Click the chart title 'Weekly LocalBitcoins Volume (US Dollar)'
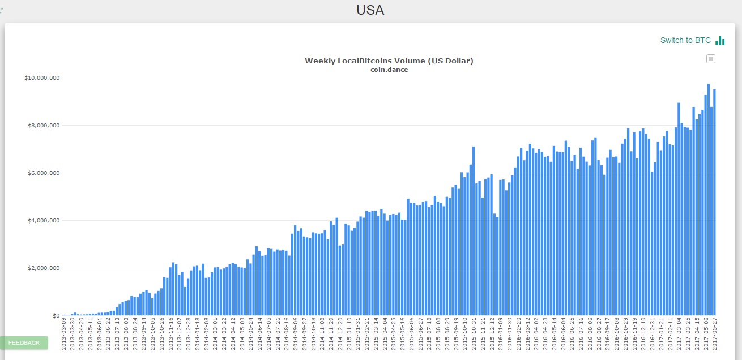(x=389, y=61)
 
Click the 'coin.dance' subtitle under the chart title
(x=389, y=70)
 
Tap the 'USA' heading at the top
(x=370, y=10)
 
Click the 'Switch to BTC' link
(x=685, y=40)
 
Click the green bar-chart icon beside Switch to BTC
(x=720, y=41)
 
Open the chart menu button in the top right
(x=711, y=59)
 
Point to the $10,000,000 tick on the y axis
(x=42, y=78)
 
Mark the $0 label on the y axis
(x=56, y=315)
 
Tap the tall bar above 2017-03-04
(x=679, y=209)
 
